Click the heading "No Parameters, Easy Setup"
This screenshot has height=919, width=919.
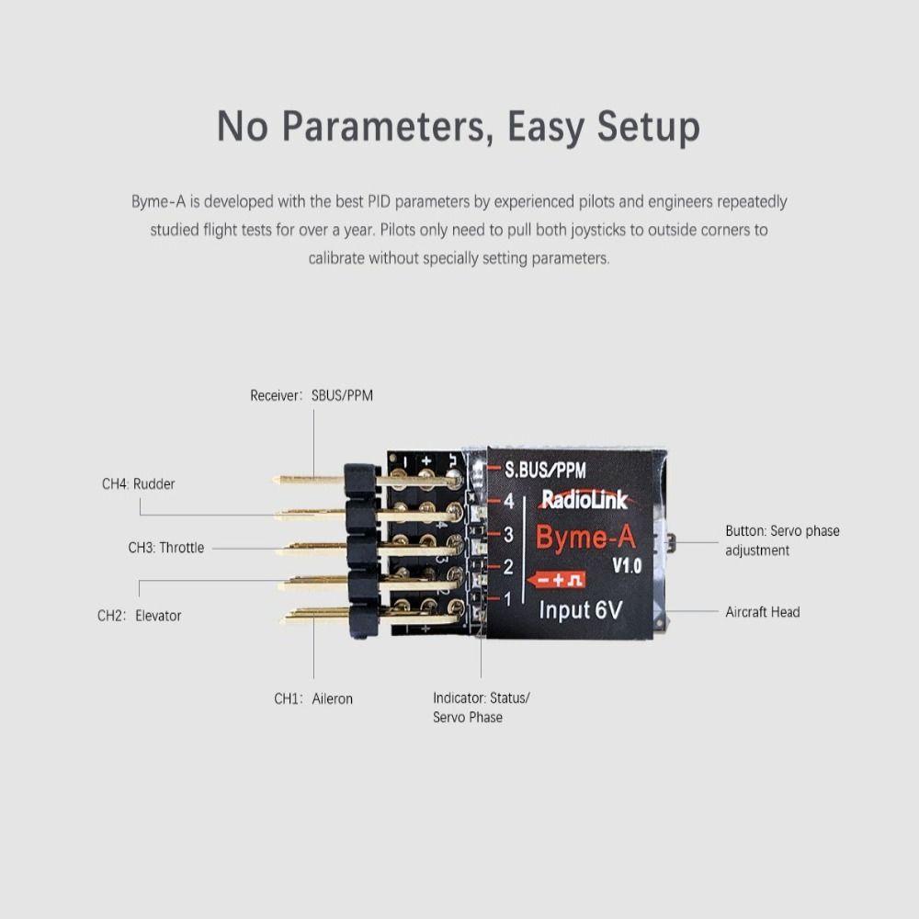[459, 127]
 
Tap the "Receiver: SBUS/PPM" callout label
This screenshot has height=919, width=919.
[312, 396]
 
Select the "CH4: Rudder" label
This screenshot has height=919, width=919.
[138, 483]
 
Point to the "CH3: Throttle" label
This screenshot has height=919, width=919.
[166, 548]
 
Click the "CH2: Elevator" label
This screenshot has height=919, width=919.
[140, 616]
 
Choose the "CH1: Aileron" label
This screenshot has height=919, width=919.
[313, 698]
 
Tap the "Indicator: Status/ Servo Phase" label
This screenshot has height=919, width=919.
[481, 708]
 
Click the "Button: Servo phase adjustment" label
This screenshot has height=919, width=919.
[782, 540]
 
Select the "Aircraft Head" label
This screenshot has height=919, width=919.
[763, 612]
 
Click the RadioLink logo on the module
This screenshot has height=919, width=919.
[584, 499]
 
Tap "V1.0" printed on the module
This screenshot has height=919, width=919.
[627, 566]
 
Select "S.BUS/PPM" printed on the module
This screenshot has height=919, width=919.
[545, 470]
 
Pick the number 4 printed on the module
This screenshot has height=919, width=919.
[508, 502]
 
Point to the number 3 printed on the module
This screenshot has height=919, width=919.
[508, 534]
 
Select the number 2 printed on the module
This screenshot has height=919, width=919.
[508, 567]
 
